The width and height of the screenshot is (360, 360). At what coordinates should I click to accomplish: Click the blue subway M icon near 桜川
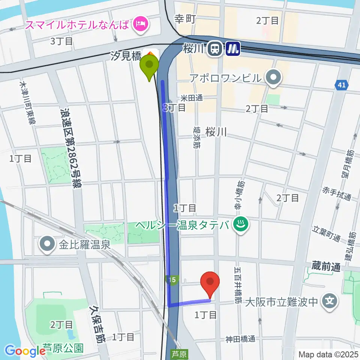pos(233,48)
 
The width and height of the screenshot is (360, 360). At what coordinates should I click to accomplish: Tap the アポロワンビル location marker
pos(273,78)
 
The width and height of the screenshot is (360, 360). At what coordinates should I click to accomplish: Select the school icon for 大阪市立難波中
pos(330,301)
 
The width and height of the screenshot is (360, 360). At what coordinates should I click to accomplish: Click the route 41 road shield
pos(341,85)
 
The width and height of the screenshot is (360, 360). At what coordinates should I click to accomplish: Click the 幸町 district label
pos(185,19)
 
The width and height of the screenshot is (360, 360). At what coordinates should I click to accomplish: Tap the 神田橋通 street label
pos(240,339)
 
